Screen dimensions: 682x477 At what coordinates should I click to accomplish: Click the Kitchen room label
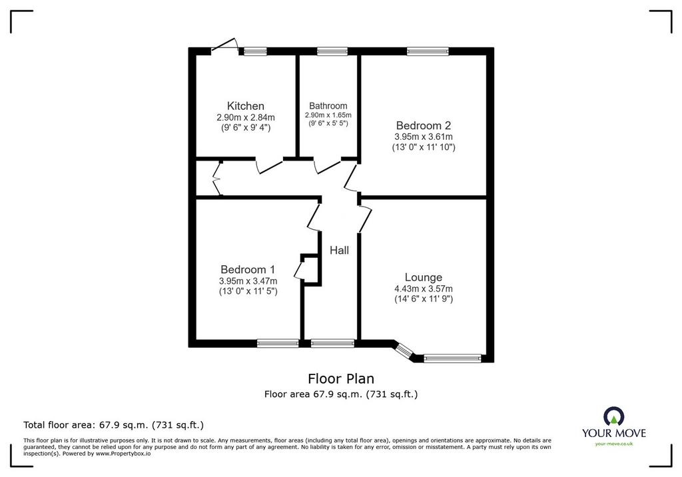click(245, 106)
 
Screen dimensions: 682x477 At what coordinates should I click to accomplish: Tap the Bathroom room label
click(328, 106)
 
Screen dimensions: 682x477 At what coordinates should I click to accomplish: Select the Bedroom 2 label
click(423, 125)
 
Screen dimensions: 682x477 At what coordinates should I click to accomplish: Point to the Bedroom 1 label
click(248, 269)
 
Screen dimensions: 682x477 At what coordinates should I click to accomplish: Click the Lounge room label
click(423, 277)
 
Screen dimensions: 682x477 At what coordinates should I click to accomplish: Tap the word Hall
click(339, 250)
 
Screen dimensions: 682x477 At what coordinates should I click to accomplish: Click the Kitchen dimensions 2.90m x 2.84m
click(246, 117)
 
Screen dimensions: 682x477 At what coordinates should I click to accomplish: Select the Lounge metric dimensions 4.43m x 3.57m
click(423, 288)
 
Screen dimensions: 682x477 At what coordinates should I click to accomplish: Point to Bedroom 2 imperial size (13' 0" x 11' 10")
click(424, 147)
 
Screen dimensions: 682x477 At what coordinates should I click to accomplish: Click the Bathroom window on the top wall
click(332, 51)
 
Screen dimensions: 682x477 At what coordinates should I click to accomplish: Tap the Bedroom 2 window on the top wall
click(428, 51)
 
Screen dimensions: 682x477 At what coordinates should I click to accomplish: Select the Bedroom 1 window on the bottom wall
click(278, 343)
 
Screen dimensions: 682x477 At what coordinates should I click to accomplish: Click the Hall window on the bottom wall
click(333, 343)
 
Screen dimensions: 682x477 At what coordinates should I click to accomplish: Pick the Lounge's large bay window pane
click(452, 358)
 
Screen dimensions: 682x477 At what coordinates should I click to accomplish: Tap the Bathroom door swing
click(327, 167)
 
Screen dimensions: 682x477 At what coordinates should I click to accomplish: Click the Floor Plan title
click(341, 378)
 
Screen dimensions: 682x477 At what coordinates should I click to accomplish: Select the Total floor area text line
click(113, 425)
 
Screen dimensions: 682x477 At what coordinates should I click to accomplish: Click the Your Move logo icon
click(613, 416)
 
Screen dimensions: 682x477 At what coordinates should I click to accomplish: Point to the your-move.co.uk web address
click(613, 444)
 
